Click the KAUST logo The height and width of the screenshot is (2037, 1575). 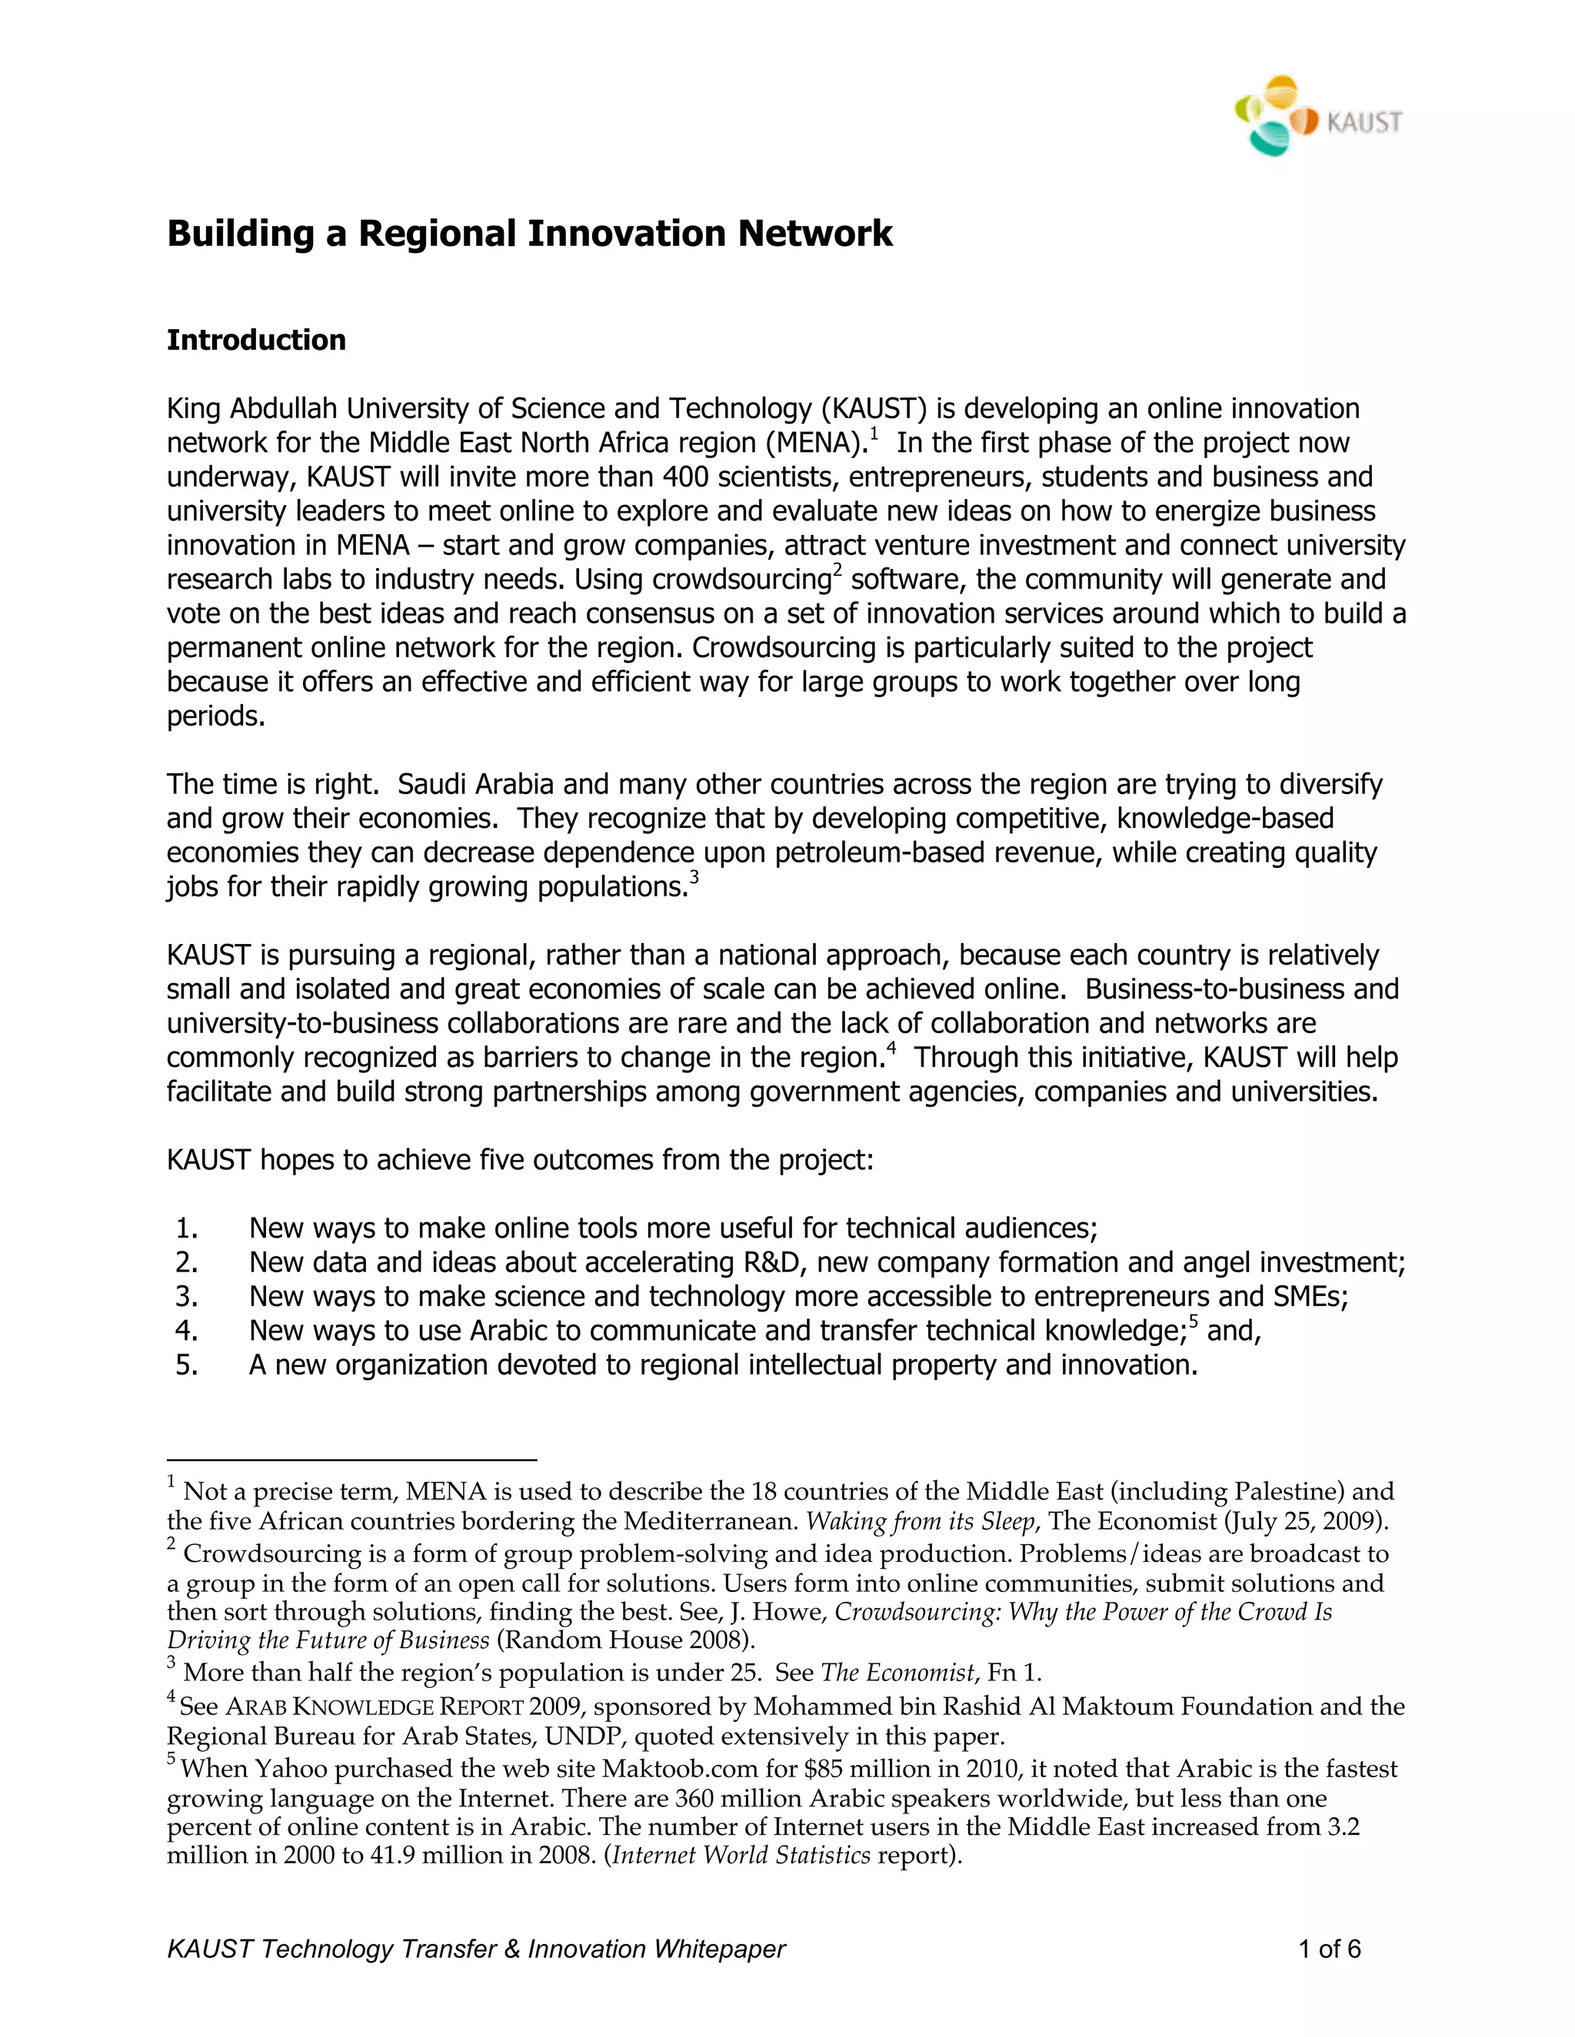(x=1317, y=115)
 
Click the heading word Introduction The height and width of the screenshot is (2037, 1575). (x=255, y=340)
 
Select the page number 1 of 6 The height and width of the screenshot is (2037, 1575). (x=1330, y=1949)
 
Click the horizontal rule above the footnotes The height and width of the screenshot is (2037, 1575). (x=351, y=1460)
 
